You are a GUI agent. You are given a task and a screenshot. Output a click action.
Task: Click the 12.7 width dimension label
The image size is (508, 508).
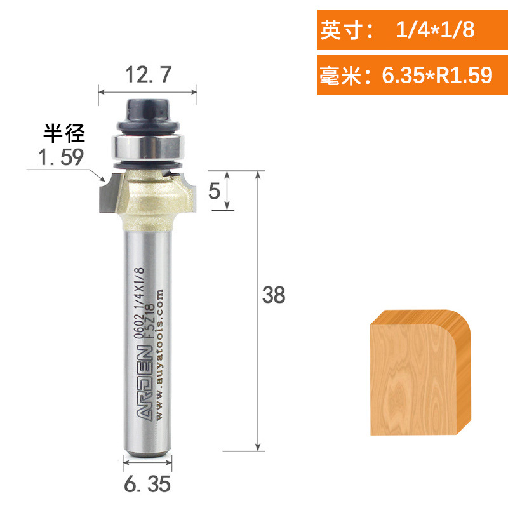click(147, 76)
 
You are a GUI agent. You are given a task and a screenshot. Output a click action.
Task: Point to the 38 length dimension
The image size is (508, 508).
click(274, 296)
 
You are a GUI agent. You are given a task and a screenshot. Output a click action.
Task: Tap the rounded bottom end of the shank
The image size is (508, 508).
click(147, 450)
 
